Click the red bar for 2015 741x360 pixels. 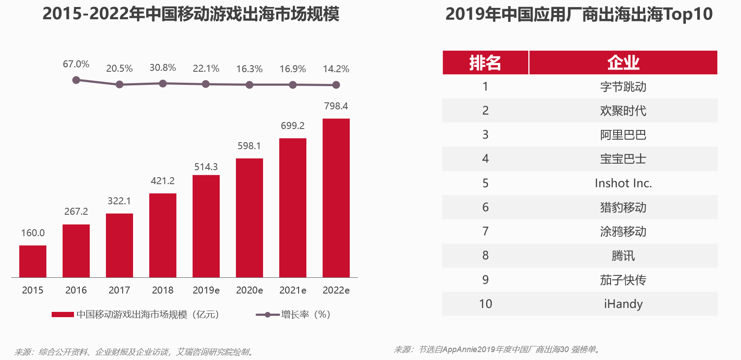click(x=33, y=261)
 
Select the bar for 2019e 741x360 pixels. click(x=206, y=226)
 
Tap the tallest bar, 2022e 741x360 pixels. click(x=336, y=198)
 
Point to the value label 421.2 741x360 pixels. click(x=162, y=181)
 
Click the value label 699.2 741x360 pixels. click(x=292, y=126)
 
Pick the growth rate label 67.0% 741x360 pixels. click(x=76, y=64)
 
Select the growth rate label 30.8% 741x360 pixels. click(x=162, y=68)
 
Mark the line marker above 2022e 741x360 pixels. click(x=336, y=85)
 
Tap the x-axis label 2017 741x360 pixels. click(x=119, y=290)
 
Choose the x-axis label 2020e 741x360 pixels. click(x=249, y=290)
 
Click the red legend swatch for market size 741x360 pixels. click(x=63, y=315)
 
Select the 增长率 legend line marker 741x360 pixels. click(x=267, y=315)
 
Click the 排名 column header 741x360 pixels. click(x=485, y=63)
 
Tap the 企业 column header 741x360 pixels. click(x=623, y=63)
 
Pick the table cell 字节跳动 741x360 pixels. click(x=623, y=87)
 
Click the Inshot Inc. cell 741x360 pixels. click(x=623, y=183)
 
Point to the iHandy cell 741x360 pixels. click(x=623, y=304)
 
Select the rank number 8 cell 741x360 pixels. click(x=485, y=255)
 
